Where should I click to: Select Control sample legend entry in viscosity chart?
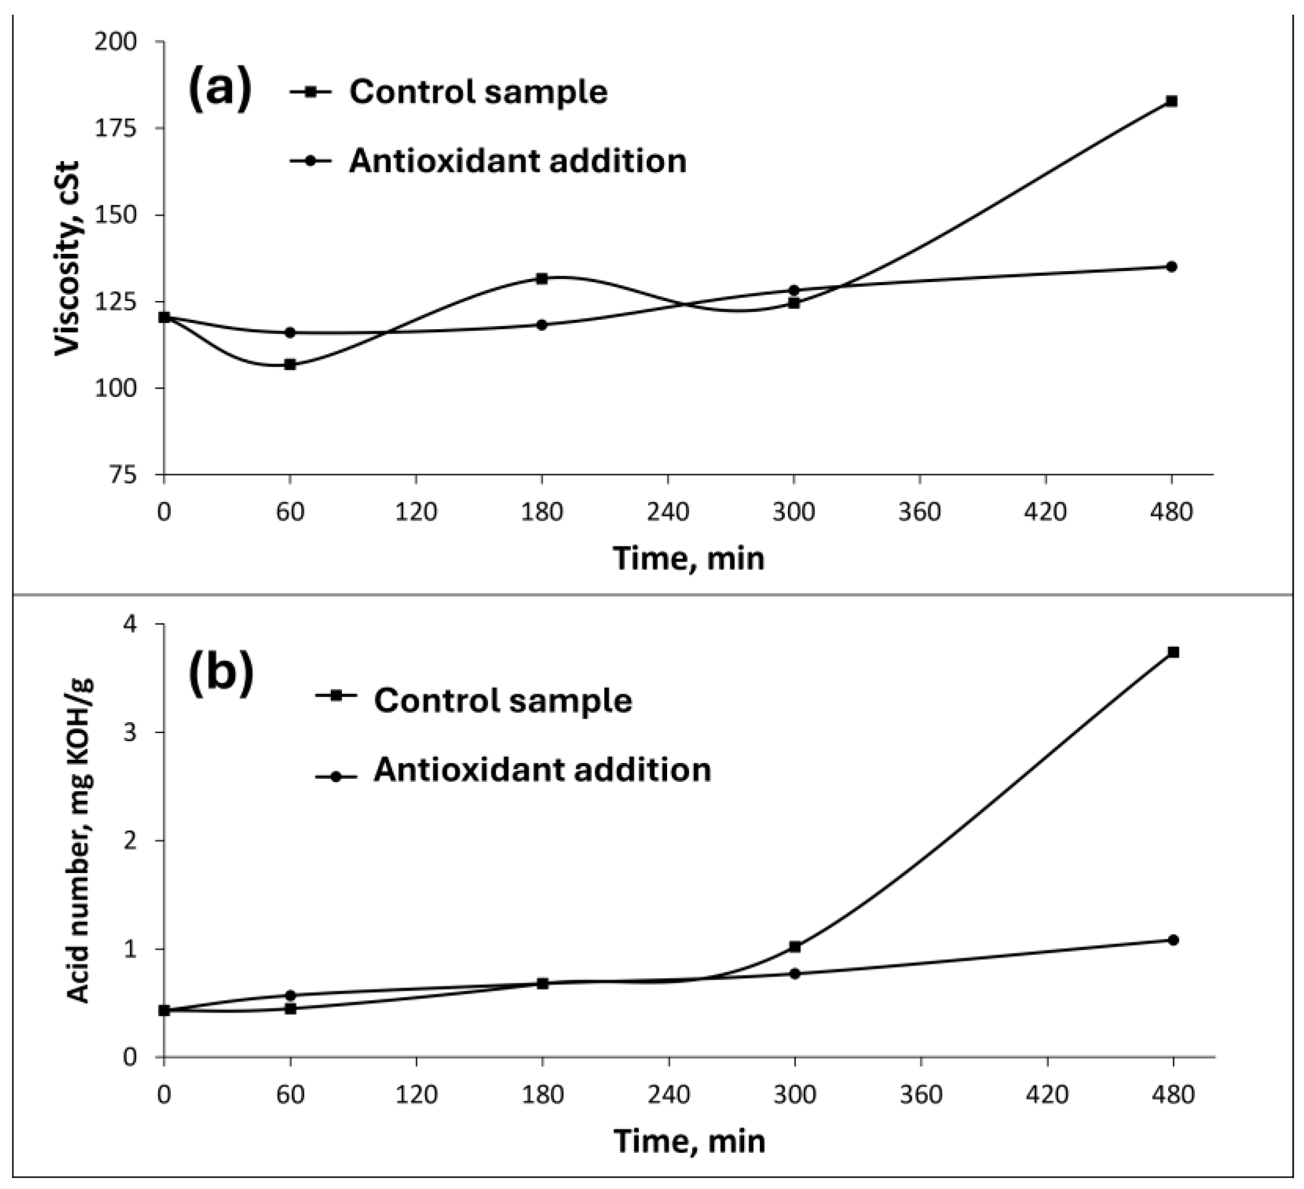point(478,92)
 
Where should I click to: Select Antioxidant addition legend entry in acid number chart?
point(542,770)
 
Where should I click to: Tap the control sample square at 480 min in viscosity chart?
point(1171,102)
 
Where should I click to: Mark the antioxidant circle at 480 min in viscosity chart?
point(1171,267)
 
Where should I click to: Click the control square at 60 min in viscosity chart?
point(290,364)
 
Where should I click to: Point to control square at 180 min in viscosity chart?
point(542,279)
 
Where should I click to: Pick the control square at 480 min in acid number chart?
point(1173,652)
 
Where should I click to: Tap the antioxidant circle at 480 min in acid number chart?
point(1173,940)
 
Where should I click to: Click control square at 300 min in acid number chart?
point(795,946)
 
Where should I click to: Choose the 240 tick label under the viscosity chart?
point(668,512)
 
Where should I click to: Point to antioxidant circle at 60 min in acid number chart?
point(290,995)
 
